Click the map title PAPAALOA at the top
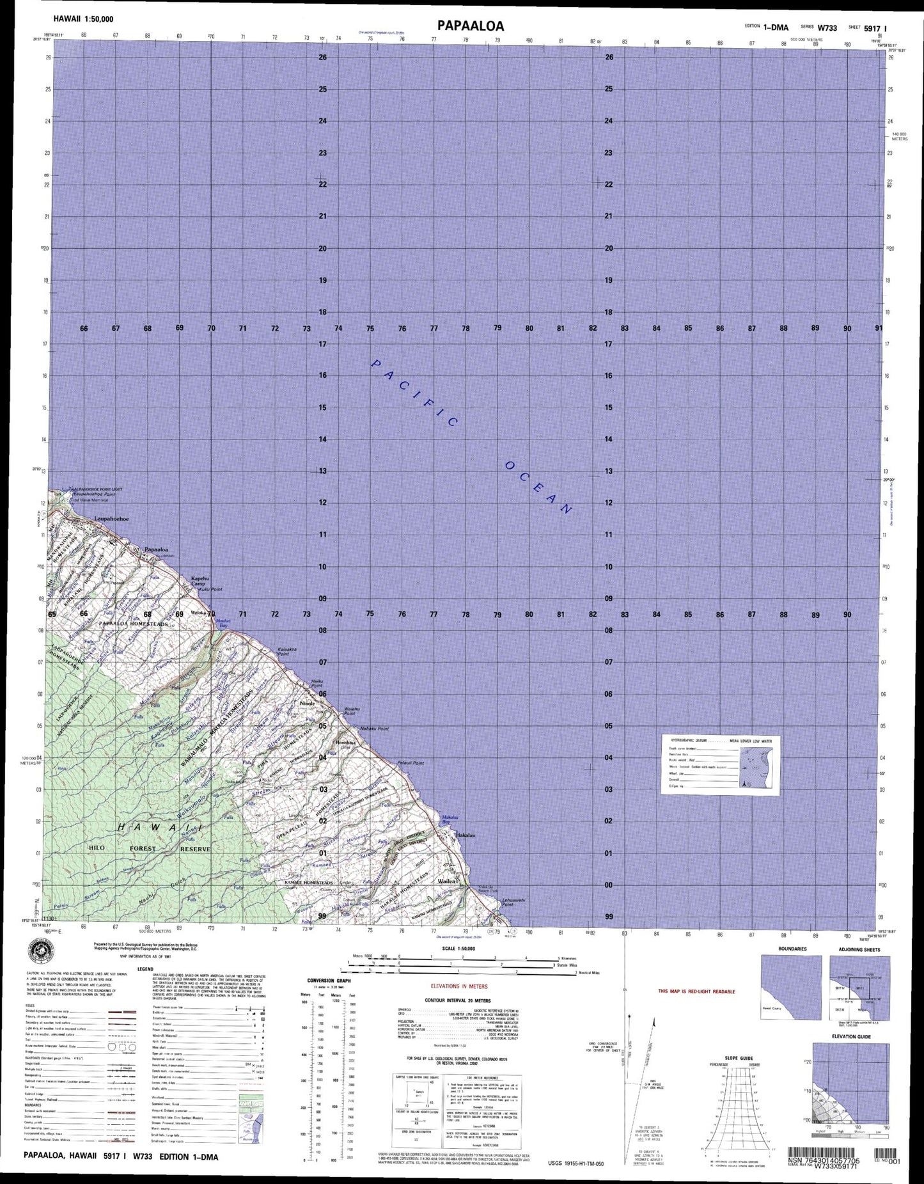point(471,26)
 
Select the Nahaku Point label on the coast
point(374,729)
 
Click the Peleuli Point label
point(411,763)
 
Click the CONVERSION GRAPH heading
point(329,980)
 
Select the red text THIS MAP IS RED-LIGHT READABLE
point(696,991)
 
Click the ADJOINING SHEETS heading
point(859,949)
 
